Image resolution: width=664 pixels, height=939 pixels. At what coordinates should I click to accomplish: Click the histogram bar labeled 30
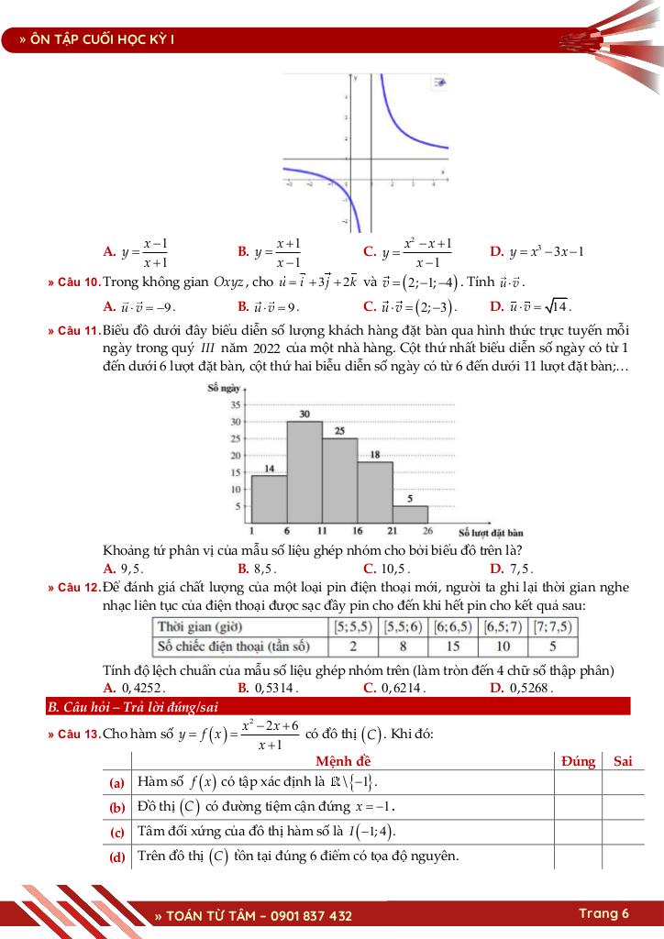pos(304,471)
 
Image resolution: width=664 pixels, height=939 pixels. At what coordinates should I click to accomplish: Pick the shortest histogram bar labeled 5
pos(410,514)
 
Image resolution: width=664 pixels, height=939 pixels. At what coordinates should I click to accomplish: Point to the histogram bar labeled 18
pos(375,492)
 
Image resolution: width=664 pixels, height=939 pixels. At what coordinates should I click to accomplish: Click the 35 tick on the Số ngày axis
pos(236,404)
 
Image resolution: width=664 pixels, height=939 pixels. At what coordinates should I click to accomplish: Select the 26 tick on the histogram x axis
pos(427,531)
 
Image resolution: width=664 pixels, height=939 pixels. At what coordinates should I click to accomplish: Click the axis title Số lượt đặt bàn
pos(490,532)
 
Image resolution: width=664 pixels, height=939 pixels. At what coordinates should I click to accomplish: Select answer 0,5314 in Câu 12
pos(273,687)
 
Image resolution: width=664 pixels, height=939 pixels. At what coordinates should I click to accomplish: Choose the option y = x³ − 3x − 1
pos(541,251)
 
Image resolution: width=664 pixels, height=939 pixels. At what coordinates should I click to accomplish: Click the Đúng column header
pos(578,761)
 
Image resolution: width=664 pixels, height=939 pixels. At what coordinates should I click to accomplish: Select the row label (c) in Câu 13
pos(116,832)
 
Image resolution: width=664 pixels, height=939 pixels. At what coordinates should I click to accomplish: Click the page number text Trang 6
pos(603,913)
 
